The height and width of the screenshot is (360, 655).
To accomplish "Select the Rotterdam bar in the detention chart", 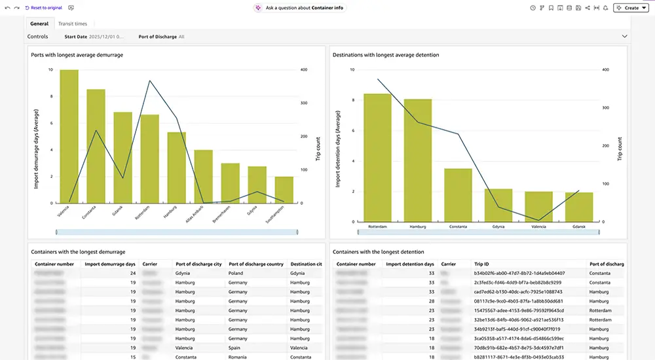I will pyautogui.click(x=377, y=157).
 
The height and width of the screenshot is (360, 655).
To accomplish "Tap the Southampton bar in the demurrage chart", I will pyautogui.click(x=284, y=190).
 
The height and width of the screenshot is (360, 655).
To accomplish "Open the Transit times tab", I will pyautogui.click(x=72, y=24).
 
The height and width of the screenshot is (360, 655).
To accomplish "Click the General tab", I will pyautogui.click(x=39, y=24).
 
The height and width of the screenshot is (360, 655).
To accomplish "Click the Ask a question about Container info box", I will pyautogui.click(x=300, y=8).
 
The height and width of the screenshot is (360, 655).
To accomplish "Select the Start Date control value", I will pyautogui.click(x=107, y=37).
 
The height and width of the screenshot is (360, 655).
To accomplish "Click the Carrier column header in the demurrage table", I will pyautogui.click(x=149, y=264).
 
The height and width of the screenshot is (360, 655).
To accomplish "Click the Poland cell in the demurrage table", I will pyautogui.click(x=236, y=273).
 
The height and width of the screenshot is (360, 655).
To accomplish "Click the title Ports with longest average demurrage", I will pyautogui.click(x=77, y=55).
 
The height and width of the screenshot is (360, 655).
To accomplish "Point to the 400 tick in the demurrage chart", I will pyautogui.click(x=303, y=69).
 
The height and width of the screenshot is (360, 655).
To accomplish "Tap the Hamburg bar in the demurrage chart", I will pyautogui.click(x=176, y=168).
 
